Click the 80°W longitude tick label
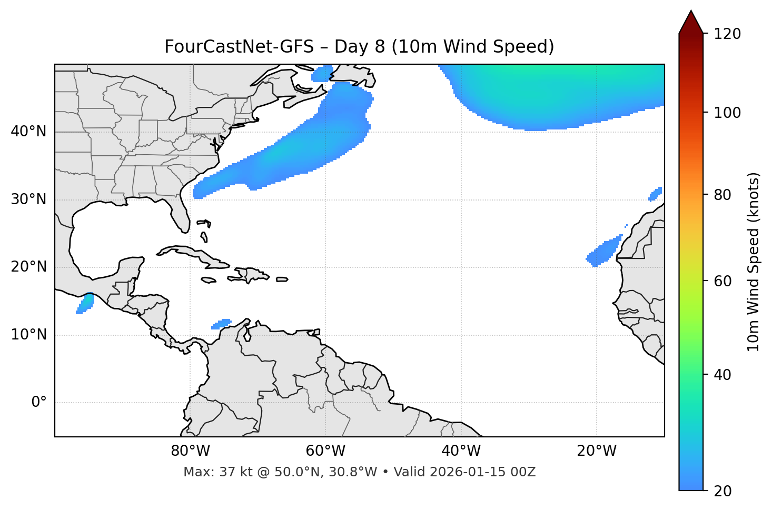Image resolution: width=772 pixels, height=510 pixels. click(190, 451)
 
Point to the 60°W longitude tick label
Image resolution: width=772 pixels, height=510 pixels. click(325, 451)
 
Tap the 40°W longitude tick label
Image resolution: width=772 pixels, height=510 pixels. click(461, 451)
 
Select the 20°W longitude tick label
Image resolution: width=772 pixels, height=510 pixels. click(596, 451)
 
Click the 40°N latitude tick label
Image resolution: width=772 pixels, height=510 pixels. click(28, 132)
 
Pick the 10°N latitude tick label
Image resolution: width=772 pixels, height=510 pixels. click(28, 335)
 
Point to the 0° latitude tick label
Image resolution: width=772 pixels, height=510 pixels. click(39, 403)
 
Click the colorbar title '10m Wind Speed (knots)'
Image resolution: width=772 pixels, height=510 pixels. click(754, 262)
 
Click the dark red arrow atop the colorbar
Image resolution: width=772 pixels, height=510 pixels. click(691, 22)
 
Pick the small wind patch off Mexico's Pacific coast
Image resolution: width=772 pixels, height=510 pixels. click(85, 304)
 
